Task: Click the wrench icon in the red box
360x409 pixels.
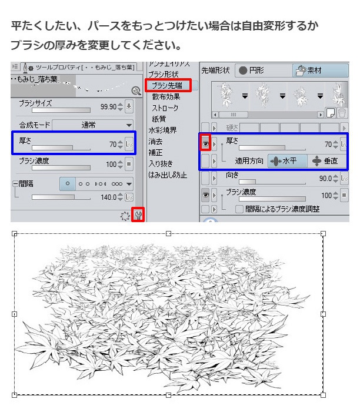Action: click(x=138, y=215)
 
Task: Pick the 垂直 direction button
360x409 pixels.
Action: click(x=325, y=160)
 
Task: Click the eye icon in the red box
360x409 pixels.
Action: click(x=206, y=142)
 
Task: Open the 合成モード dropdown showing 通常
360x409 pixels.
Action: click(x=94, y=125)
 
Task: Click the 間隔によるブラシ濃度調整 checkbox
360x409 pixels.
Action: click(x=239, y=209)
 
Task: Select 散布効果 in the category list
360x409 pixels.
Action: click(x=166, y=97)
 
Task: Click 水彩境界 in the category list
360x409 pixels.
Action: click(x=162, y=130)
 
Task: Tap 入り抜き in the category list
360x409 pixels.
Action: click(x=161, y=164)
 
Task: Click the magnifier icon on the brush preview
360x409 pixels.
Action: click(x=136, y=90)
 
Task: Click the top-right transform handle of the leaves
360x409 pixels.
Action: click(x=323, y=234)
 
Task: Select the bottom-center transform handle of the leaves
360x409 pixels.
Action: click(x=169, y=394)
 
